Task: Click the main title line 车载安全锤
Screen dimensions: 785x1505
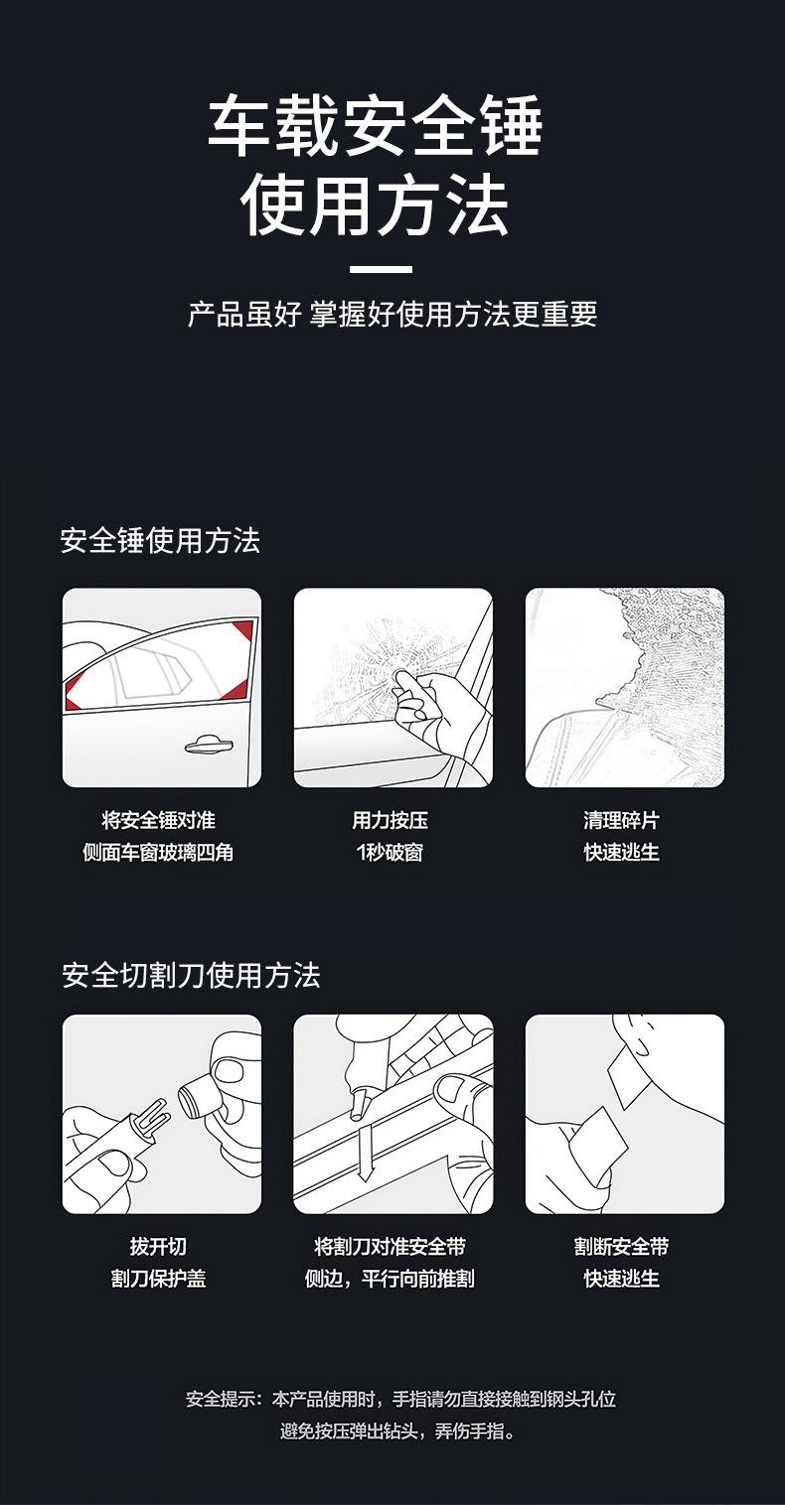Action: (376, 126)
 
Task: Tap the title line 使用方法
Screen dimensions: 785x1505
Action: (375, 204)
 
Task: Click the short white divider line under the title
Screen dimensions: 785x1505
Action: (381, 269)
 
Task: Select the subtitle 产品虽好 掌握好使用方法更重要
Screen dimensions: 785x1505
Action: (392, 314)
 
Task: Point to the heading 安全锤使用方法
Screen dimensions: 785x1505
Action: (160, 540)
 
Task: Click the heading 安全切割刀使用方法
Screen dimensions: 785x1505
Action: (191, 975)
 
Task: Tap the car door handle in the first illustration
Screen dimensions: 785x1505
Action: (209, 746)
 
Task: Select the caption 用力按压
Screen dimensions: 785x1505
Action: (391, 820)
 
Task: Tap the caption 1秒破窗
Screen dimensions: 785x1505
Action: (391, 852)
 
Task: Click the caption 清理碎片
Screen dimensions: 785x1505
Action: (622, 820)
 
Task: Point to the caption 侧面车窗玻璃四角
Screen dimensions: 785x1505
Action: (158, 852)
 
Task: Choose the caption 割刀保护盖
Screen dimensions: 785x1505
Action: (159, 1278)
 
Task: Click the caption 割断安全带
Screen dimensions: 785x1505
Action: (622, 1246)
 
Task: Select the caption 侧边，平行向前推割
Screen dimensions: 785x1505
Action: (390, 1278)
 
